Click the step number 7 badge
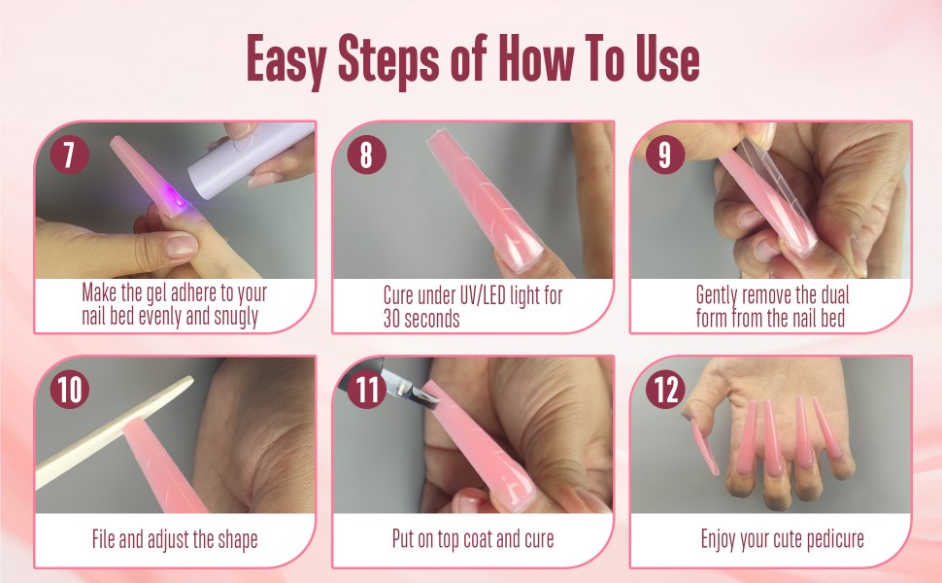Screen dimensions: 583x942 click(68, 155)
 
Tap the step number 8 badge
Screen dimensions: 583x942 click(366, 155)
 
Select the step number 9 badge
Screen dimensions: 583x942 click(664, 155)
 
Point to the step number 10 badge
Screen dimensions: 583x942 click(68, 390)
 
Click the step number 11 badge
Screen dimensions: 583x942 click(366, 390)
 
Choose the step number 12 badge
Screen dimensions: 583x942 click(664, 390)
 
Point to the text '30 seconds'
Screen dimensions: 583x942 click(421, 319)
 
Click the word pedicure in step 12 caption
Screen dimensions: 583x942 click(825, 538)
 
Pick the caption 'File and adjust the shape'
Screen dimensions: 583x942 click(175, 538)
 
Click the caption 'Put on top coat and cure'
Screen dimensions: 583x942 click(473, 538)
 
